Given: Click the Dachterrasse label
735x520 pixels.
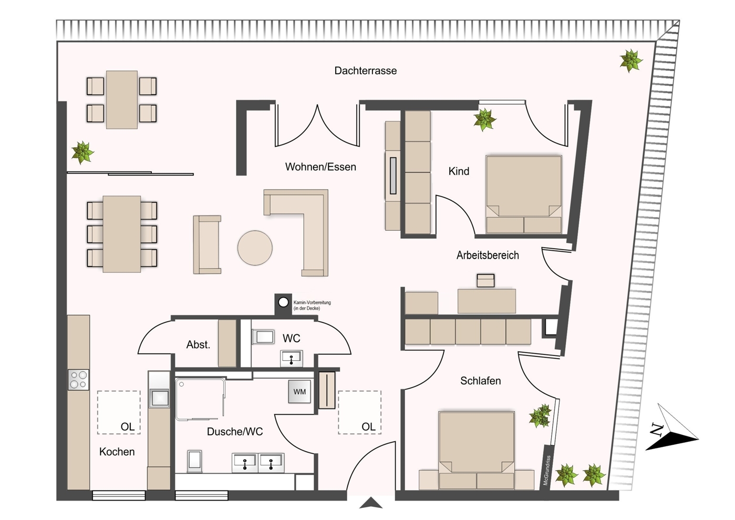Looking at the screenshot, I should tap(365, 70).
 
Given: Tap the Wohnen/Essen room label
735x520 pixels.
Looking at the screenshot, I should tap(320, 167).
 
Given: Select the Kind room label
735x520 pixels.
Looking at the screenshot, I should tap(459, 171).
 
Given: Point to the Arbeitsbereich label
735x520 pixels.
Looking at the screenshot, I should tap(488, 255).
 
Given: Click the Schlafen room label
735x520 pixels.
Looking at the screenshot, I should tap(480, 381).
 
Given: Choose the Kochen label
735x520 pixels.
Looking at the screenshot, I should tap(117, 452).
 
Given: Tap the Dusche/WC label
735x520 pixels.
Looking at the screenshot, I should tap(234, 432).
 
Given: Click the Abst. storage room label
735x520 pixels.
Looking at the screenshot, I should tap(198, 345).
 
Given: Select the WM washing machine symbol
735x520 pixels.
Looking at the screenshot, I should tap(299, 392).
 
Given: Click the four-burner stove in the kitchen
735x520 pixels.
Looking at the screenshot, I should tap(78, 380).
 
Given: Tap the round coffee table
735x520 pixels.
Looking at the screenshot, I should tap(255, 248).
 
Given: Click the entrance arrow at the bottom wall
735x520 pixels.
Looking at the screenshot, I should tap(371, 503).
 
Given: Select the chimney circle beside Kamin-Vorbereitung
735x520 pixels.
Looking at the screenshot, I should tap(283, 302).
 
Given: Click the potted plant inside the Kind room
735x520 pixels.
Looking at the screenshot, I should tap(484, 120).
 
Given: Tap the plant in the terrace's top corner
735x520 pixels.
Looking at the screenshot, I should tap(630, 60).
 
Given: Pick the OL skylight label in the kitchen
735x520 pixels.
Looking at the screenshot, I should tap(128, 427).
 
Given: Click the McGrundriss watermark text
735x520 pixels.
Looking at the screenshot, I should tap(547, 471).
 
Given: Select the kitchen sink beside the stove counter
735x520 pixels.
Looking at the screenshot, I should tap(159, 397).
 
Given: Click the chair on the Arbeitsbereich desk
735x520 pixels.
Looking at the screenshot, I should tap(485, 280).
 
